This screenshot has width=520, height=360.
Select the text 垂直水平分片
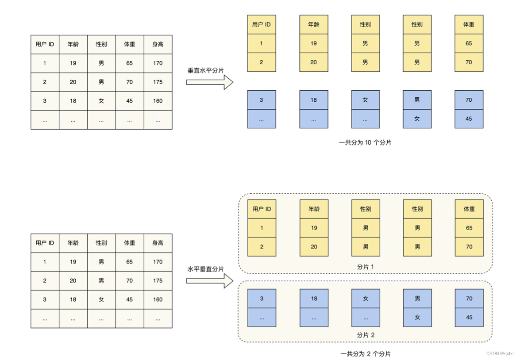click(205, 71)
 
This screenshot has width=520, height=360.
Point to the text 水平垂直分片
click(205, 269)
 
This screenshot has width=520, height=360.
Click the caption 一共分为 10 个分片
click(365, 142)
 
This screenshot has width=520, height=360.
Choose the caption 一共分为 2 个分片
click(366, 354)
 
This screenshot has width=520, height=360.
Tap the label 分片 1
click(366, 267)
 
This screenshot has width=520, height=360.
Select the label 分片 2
click(366, 335)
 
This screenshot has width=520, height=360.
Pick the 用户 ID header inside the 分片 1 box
click(262, 209)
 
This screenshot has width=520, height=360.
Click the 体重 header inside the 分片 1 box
click(469, 209)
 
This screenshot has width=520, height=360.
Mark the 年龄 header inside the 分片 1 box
click(314, 209)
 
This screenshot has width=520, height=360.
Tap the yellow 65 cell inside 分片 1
click(469, 228)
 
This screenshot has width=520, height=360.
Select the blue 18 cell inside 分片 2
click(314, 299)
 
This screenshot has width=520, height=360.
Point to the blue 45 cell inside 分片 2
click(469, 317)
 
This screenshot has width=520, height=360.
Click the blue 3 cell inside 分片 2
click(262, 299)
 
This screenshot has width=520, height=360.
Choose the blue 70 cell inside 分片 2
click(469, 299)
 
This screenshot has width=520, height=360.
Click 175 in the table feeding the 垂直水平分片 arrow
click(158, 82)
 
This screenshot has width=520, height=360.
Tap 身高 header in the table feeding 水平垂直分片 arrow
click(158, 243)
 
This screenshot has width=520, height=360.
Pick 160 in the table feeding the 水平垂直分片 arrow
click(158, 299)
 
